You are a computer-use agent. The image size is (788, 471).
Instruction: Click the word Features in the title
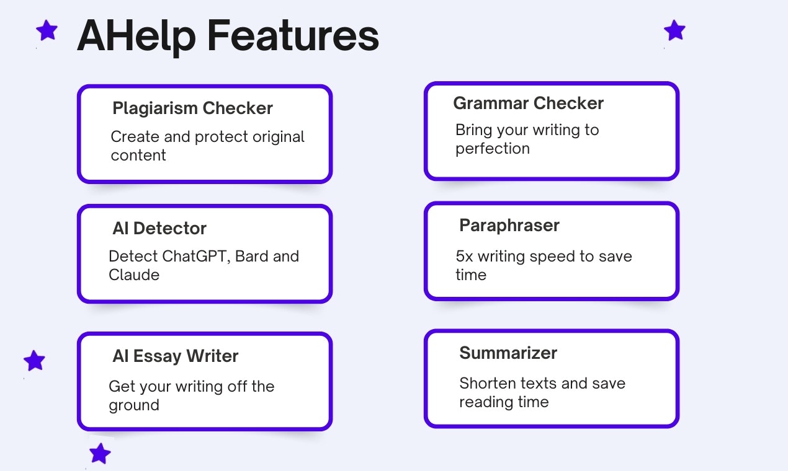pyautogui.click(x=293, y=35)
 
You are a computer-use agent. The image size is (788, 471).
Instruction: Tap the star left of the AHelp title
pyautogui.click(x=47, y=30)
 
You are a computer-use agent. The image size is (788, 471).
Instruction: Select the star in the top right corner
pyautogui.click(x=674, y=30)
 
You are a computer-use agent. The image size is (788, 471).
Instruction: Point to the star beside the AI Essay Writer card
pyautogui.click(x=35, y=361)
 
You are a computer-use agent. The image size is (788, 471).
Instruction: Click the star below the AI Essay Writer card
pyautogui.click(x=100, y=454)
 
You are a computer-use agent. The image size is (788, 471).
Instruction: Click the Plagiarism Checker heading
pyautogui.click(x=192, y=108)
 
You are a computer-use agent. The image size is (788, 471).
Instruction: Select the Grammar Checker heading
pyautogui.click(x=529, y=103)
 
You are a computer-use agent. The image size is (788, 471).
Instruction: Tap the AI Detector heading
pyautogui.click(x=159, y=229)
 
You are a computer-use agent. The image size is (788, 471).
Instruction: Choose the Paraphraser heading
pyautogui.click(x=509, y=226)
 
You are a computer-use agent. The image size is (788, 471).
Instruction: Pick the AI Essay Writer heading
pyautogui.click(x=176, y=356)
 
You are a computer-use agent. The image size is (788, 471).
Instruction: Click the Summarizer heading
pyautogui.click(x=508, y=353)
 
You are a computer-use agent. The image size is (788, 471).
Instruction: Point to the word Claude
pyautogui.click(x=134, y=275)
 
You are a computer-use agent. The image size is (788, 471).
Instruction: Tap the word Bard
pyautogui.click(x=251, y=256)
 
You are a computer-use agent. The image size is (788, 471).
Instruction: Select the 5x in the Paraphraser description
pyautogui.click(x=464, y=257)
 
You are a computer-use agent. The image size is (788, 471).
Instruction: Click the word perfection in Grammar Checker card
pyautogui.click(x=493, y=149)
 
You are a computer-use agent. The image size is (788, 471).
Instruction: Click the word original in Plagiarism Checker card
pyautogui.click(x=278, y=138)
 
